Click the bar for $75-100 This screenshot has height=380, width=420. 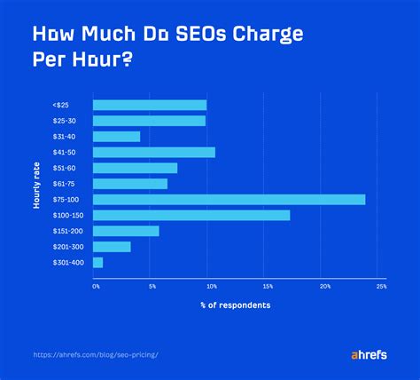[x=229, y=199]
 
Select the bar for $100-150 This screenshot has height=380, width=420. [x=191, y=215]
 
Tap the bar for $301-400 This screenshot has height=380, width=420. [x=97, y=263]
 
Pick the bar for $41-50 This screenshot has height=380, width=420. [x=154, y=152]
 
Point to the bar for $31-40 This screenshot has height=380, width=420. [x=116, y=137]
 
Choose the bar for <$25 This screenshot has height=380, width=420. [x=150, y=105]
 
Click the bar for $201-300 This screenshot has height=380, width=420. [x=112, y=247]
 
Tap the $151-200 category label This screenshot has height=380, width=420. [x=66, y=231]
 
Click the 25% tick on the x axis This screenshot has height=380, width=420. [x=381, y=287]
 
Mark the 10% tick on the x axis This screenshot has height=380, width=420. [x=211, y=287]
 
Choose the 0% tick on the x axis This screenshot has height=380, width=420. [x=96, y=287]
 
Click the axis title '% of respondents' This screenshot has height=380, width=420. [x=235, y=305]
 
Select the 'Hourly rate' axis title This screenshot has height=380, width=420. [x=37, y=184]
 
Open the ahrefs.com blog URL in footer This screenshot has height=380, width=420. [x=97, y=353]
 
